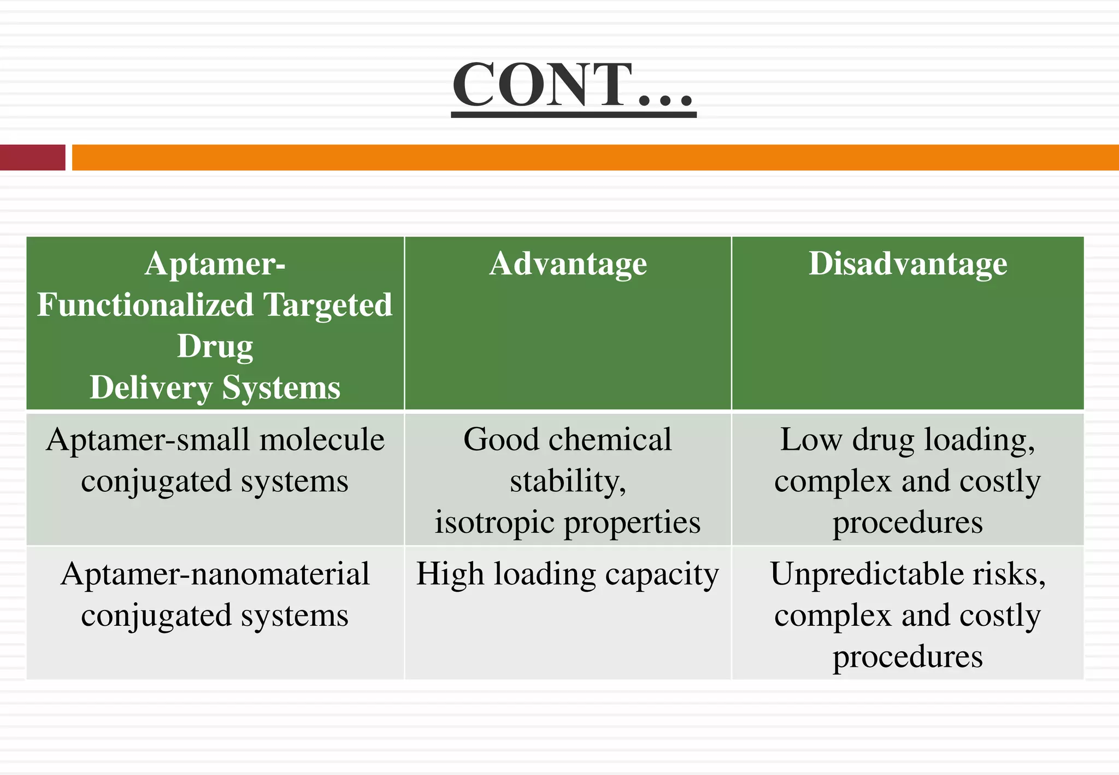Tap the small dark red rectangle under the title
pyautogui.click(x=32, y=157)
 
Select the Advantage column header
pyautogui.click(x=568, y=264)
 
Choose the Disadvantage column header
pyautogui.click(x=908, y=264)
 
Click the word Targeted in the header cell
pyautogui.click(x=328, y=305)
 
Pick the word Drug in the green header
pyautogui.click(x=215, y=347)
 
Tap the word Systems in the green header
pyautogui.click(x=281, y=388)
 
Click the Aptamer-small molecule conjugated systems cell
pyautogui.click(x=215, y=460)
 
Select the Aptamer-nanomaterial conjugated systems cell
pyautogui.click(x=215, y=595)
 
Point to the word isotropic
pyautogui.click(x=495, y=522)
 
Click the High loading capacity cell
pyautogui.click(x=568, y=574)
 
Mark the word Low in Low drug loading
pyautogui.click(x=811, y=440)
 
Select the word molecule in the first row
pyautogui.click(x=322, y=440)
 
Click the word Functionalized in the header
pyautogui.click(x=145, y=305)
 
